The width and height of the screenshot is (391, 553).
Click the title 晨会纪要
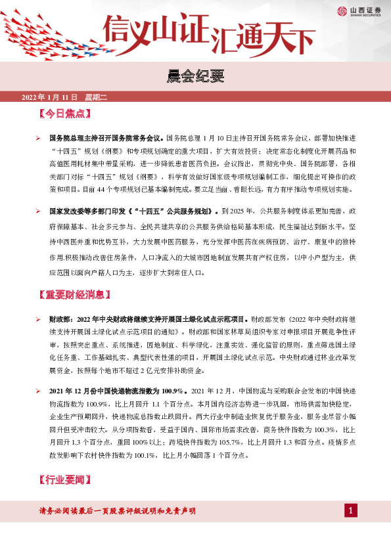tap(195, 77)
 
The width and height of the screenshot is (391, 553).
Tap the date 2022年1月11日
tap(50, 98)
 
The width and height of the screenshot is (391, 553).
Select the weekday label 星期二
tap(96, 98)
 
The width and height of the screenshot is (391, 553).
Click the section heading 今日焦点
tap(64, 114)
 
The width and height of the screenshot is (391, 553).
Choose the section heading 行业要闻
tap(64, 481)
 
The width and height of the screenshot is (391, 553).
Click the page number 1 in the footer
tap(352, 510)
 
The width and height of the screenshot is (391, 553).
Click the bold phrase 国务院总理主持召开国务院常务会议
tap(106, 139)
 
